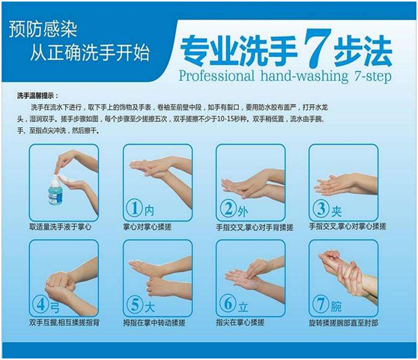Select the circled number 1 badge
(135, 207)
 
